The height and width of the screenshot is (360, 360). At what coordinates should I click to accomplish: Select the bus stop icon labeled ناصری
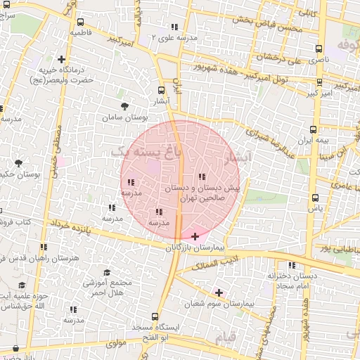(319, 49)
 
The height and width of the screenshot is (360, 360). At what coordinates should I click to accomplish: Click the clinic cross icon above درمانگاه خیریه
(62, 59)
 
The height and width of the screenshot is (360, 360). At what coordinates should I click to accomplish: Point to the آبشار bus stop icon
(162, 90)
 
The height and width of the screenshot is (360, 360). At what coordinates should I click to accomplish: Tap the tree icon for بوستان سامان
(124, 106)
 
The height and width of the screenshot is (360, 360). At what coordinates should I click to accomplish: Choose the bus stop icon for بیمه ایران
(313, 129)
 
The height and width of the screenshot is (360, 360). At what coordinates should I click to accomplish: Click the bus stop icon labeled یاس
(314, 198)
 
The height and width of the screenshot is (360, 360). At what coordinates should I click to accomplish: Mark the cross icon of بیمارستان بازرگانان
(195, 237)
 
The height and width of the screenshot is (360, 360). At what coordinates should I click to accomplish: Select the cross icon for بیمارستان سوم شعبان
(219, 292)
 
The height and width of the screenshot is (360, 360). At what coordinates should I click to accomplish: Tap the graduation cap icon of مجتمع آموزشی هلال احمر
(106, 272)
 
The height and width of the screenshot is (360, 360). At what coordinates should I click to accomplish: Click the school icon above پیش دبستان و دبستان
(202, 176)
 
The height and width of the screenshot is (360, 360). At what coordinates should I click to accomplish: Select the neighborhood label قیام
(224, 338)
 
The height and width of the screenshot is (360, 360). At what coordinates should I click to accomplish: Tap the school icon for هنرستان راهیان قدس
(44, 247)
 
